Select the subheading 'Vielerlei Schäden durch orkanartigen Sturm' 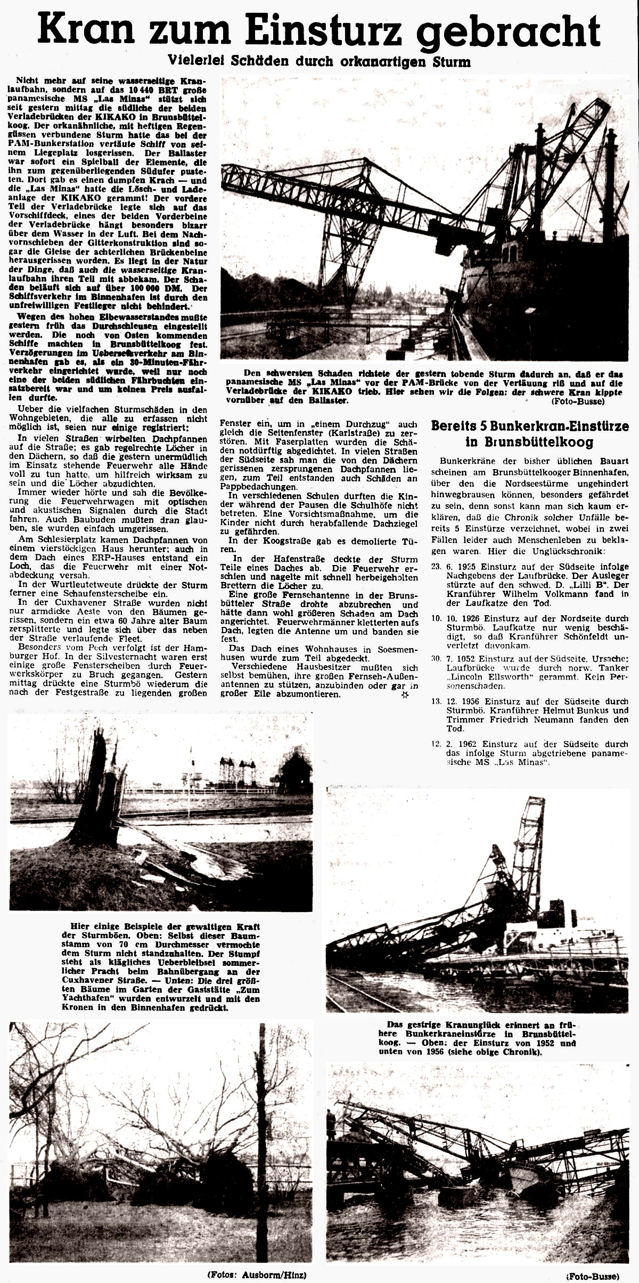tap(319, 61)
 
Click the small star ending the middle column tap(404, 695)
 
